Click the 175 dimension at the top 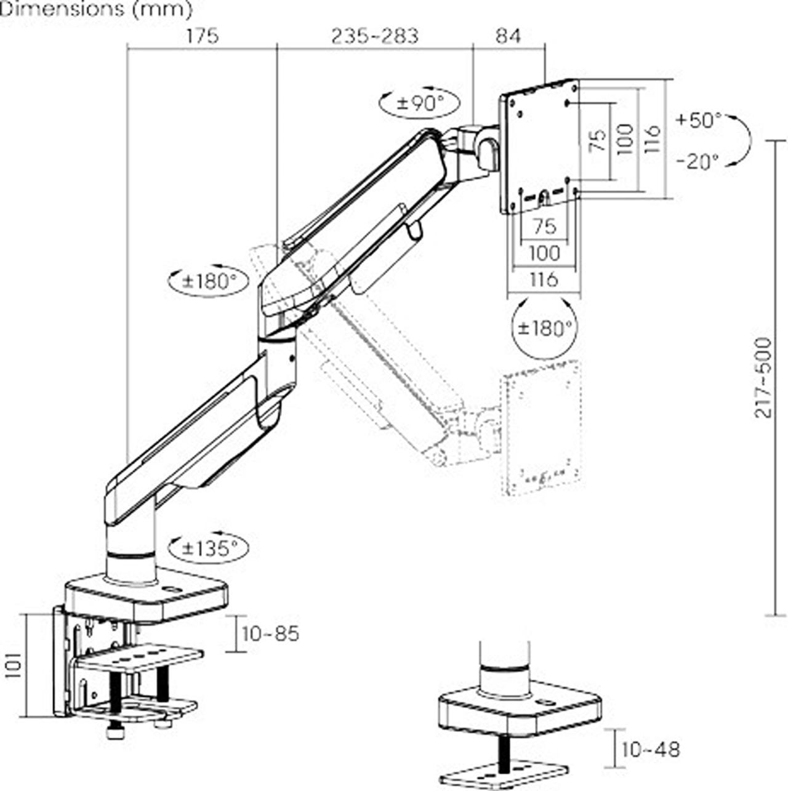point(203,36)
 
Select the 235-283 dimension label point(374,36)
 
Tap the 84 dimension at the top point(509,36)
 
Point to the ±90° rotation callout point(420,103)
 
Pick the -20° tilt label point(698,162)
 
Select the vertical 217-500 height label point(763,377)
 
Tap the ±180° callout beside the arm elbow point(209,282)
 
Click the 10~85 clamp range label point(270,633)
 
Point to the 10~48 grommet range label point(651,749)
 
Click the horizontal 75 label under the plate point(544,227)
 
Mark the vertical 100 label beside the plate point(624,139)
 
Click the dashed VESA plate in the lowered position point(541,427)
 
